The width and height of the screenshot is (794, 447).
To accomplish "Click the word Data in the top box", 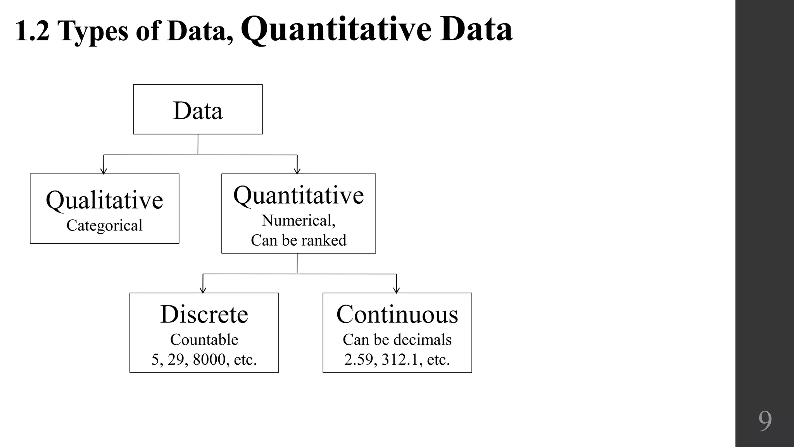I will [198, 111].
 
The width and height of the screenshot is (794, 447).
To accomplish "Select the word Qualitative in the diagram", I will [104, 200].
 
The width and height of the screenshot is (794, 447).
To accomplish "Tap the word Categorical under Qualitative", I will [104, 225].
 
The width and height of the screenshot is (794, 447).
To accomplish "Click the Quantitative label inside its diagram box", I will [299, 195].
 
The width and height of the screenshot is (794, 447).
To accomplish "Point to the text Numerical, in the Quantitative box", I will [299, 220].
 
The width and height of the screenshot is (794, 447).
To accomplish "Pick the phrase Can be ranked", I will [299, 240].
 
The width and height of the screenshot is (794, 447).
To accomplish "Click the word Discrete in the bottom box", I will [204, 314].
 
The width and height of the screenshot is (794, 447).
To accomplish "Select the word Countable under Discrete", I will [204, 340].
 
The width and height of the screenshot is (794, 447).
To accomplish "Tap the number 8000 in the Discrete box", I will [209, 360].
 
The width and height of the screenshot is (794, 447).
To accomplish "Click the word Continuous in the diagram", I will [397, 314].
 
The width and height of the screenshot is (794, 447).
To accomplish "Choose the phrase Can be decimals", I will [397, 340].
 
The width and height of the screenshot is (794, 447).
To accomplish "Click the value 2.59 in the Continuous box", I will [360, 360].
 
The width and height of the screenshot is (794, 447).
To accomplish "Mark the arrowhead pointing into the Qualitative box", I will [104, 171].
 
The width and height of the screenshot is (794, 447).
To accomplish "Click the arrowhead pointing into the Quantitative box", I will [297, 171].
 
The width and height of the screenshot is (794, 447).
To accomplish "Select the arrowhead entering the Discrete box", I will [203, 290].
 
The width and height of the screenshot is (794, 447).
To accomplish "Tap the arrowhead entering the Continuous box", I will [396, 290].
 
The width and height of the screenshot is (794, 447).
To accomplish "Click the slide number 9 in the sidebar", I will [765, 421].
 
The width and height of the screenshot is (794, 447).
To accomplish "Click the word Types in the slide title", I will [93, 31].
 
